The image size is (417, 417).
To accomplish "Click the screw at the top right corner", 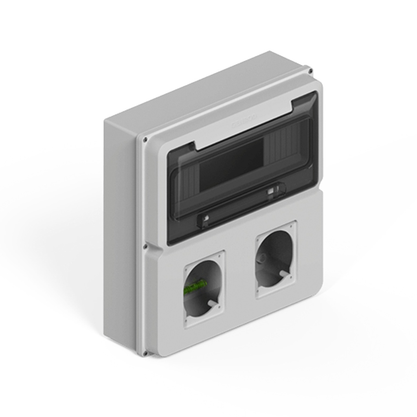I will point(310,71).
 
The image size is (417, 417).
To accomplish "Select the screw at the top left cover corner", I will point(145,139).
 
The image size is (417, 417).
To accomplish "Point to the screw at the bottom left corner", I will point(145,353).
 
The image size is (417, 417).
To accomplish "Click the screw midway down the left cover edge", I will point(145,246).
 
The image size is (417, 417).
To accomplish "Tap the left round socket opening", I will point(202,288).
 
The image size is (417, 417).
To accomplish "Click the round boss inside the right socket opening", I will point(263,258).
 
